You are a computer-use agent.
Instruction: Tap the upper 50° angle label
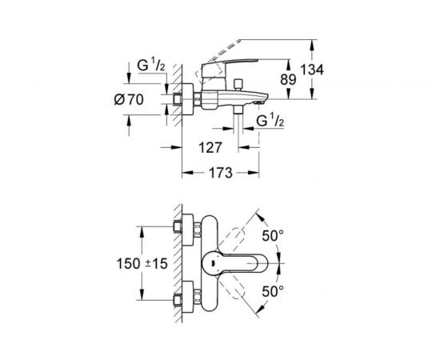point(272,238)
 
